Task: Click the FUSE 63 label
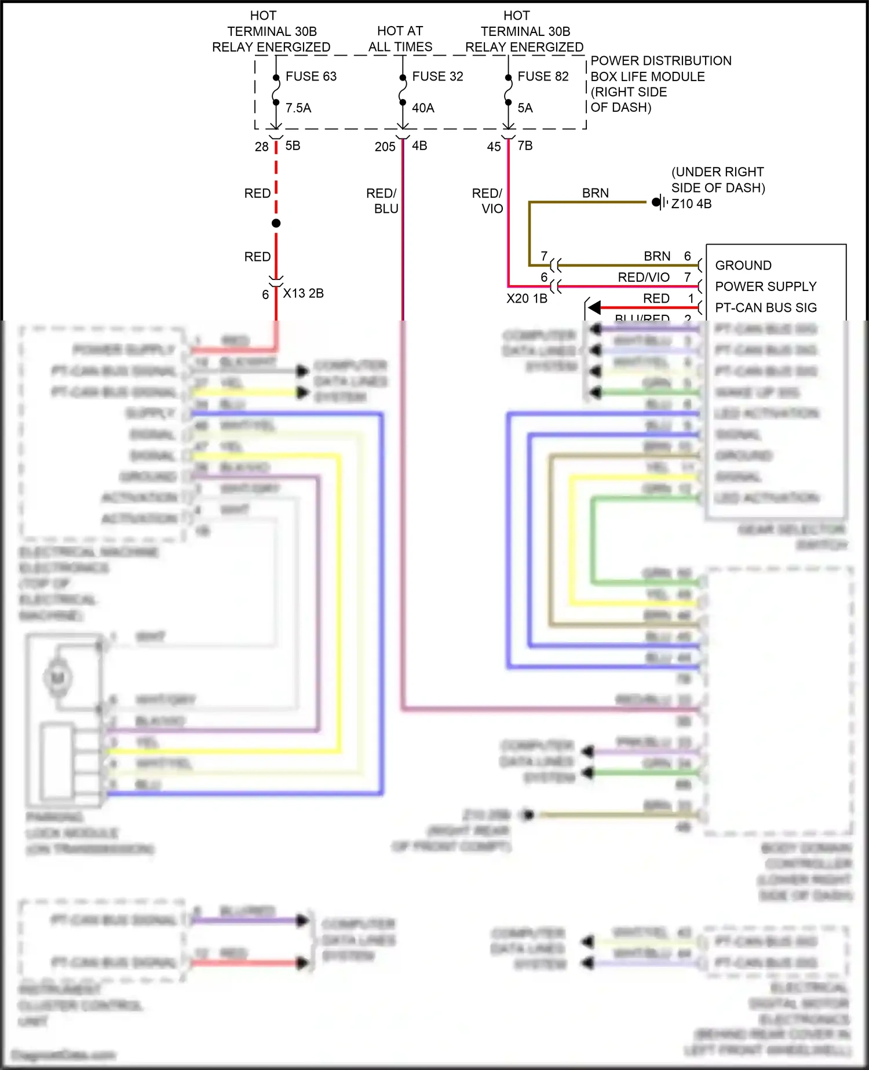[x=311, y=77]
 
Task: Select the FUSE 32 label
[x=437, y=77]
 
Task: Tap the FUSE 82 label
[x=543, y=77]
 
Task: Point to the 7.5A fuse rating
[x=298, y=108]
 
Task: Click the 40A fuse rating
[x=423, y=108]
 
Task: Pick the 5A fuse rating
[x=525, y=108]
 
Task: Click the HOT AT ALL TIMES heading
[x=400, y=39]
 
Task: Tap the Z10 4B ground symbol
[x=659, y=202]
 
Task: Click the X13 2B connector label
[x=303, y=293]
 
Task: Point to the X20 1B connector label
[x=527, y=299]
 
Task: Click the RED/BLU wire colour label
[x=382, y=201]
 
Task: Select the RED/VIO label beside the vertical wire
[x=487, y=201]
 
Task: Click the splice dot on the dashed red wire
[x=276, y=223]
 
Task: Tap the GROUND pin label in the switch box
[x=743, y=265]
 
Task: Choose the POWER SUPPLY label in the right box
[x=765, y=286]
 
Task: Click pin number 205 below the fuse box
[x=385, y=147]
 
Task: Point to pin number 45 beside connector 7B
[x=494, y=147]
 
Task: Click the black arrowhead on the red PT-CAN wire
[x=594, y=308]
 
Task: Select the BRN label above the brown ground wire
[x=596, y=193]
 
